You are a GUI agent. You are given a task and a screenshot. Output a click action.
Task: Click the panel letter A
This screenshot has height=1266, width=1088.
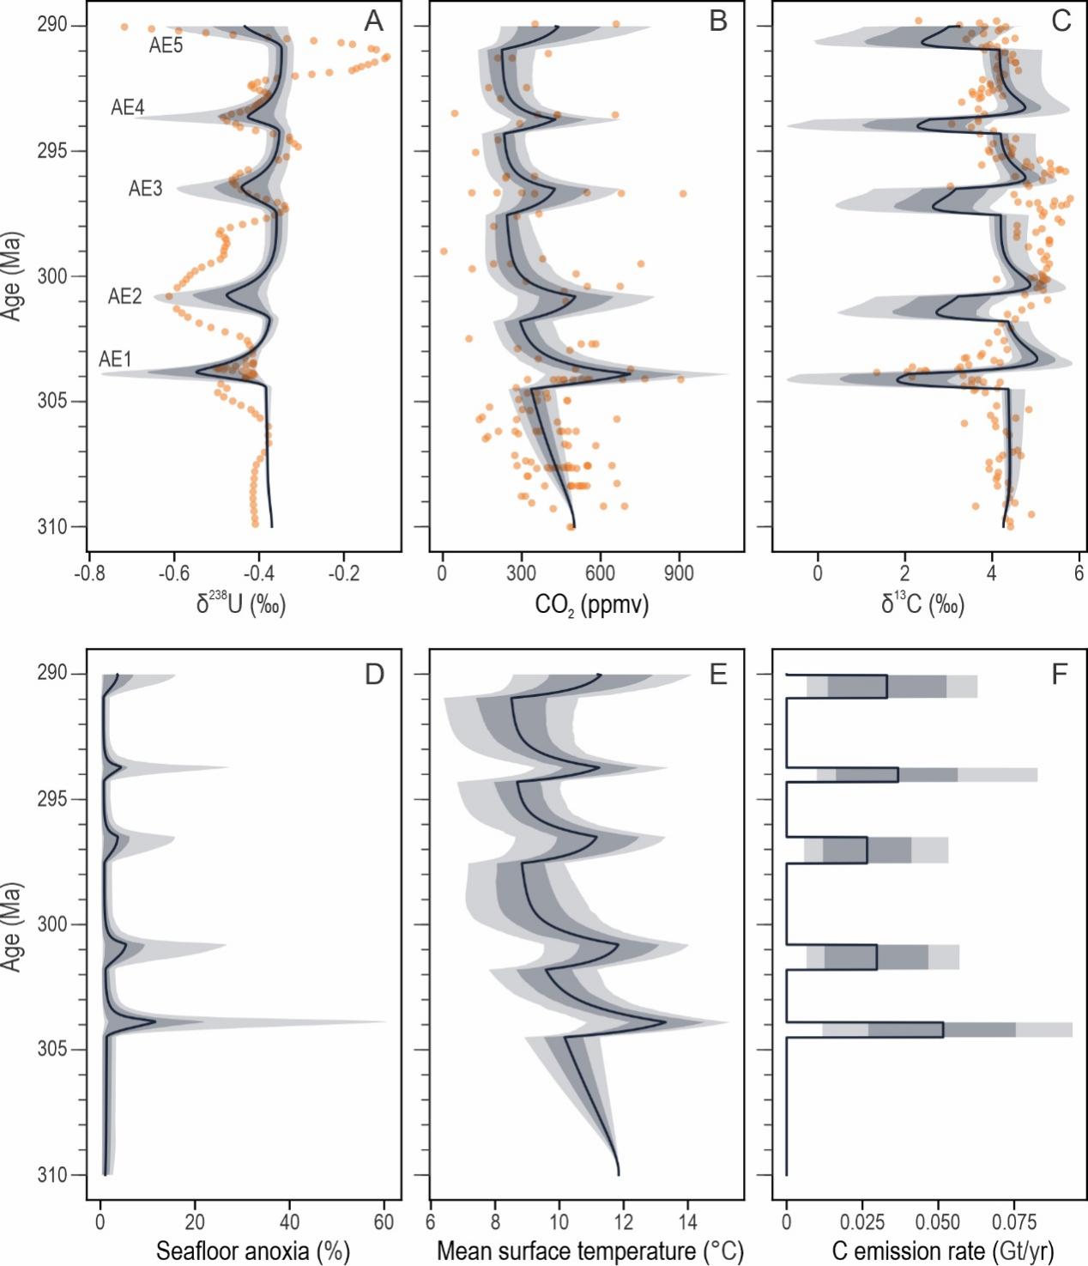point(373,21)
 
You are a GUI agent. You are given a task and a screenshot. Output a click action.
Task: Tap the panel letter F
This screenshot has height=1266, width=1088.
point(1061,675)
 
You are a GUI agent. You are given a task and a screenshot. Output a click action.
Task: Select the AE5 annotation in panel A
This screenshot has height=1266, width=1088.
point(166,46)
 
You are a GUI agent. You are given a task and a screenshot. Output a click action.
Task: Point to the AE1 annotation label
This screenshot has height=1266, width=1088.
point(115,359)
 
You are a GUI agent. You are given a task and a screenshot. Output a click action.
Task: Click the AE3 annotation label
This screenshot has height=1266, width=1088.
point(145,189)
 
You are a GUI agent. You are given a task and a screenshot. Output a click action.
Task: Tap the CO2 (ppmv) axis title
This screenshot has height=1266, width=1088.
point(592,605)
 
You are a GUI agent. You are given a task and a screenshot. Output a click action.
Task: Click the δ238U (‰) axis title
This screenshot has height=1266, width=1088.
point(241,604)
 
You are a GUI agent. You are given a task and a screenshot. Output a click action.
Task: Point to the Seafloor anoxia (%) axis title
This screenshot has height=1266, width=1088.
point(252,1251)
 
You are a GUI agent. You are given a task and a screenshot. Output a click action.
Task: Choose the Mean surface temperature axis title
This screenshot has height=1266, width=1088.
point(590,1251)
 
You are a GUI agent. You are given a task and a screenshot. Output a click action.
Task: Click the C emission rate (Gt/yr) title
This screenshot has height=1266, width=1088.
point(943,1251)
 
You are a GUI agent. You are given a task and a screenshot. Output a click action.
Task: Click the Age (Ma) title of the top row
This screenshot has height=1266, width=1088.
point(11,275)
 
